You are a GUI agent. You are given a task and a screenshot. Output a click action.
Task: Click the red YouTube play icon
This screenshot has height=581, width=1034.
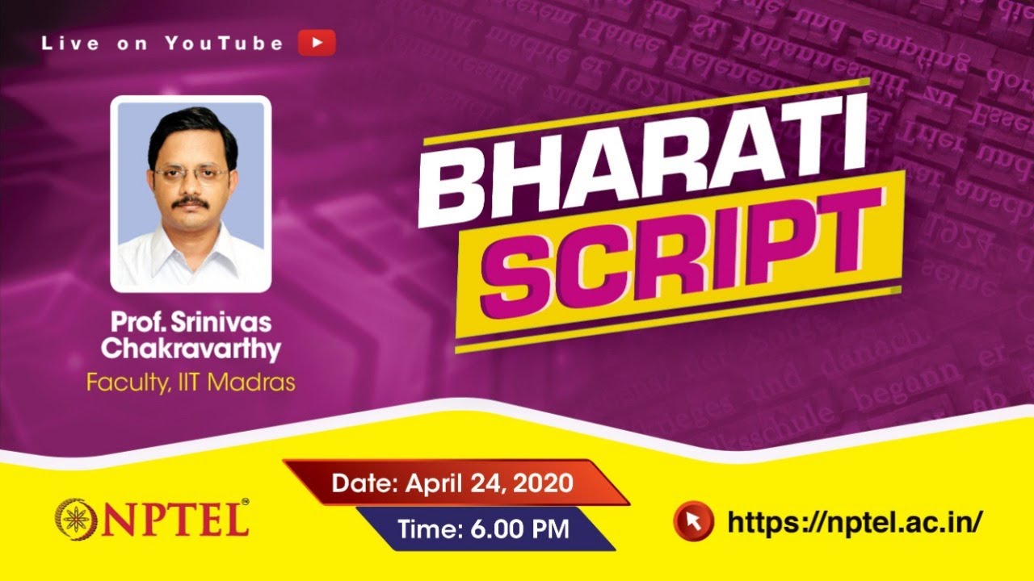pyautogui.click(x=316, y=43)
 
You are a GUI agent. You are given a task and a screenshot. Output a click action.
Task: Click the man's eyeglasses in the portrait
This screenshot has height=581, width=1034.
pyautogui.click(x=191, y=173)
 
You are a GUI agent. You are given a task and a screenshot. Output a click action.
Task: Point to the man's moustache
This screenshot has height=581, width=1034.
pyautogui.click(x=191, y=201)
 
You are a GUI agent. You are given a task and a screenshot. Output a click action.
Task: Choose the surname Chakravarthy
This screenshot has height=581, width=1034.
pyautogui.click(x=191, y=350)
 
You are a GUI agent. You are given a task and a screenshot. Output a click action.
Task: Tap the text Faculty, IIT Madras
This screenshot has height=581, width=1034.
pyautogui.click(x=191, y=381)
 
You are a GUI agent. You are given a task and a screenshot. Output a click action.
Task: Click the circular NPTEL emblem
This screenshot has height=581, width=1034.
pyautogui.click(x=74, y=518)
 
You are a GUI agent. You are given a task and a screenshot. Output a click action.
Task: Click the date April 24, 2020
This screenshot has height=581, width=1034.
pyautogui.click(x=490, y=483)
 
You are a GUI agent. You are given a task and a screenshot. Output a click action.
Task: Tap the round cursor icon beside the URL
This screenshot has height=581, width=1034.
pyautogui.click(x=693, y=520)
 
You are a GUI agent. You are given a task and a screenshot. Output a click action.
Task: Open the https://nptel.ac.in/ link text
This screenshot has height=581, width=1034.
pyautogui.click(x=855, y=521)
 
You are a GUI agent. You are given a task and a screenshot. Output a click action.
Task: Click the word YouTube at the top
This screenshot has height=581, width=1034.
pyautogui.click(x=224, y=44)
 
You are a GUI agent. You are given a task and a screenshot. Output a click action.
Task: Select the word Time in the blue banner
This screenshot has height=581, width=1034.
pyautogui.click(x=425, y=529)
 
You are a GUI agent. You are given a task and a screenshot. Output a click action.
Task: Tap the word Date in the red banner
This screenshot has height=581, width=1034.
pyautogui.click(x=364, y=483)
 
